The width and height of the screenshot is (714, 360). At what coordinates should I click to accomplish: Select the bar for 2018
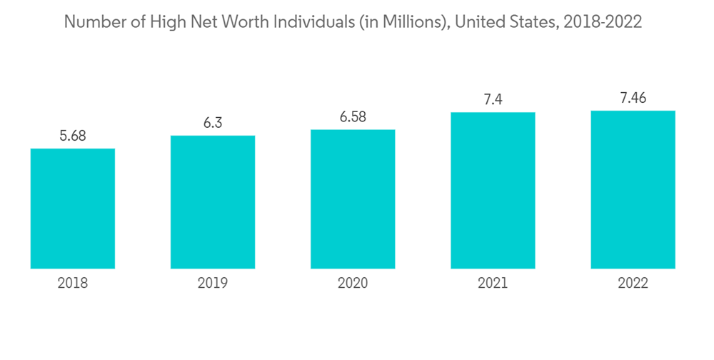click(x=73, y=209)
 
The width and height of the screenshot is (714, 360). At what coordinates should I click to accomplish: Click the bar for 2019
click(x=213, y=202)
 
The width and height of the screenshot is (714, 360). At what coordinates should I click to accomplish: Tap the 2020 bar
click(x=353, y=199)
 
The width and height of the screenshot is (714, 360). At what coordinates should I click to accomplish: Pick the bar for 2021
click(x=493, y=191)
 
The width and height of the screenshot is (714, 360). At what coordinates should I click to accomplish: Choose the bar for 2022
click(x=633, y=190)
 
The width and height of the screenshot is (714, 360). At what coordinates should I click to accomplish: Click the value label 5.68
click(x=73, y=136)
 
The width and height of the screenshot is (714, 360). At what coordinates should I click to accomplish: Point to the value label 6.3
click(x=213, y=123)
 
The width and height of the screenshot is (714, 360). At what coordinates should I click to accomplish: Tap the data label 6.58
click(x=353, y=116)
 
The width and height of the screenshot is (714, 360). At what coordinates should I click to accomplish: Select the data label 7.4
click(x=493, y=100)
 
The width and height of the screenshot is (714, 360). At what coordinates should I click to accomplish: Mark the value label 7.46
click(x=633, y=99)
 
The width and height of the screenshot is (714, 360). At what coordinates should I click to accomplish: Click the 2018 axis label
click(x=73, y=284)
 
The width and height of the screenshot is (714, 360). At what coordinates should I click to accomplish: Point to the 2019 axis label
click(x=213, y=284)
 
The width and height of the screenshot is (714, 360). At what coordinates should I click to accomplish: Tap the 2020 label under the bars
click(x=353, y=284)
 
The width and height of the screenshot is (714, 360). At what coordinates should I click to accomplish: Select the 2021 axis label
click(x=493, y=284)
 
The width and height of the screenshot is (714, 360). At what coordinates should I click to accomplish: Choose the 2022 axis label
click(x=633, y=284)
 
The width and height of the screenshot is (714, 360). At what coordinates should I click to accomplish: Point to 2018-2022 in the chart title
click(x=603, y=23)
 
